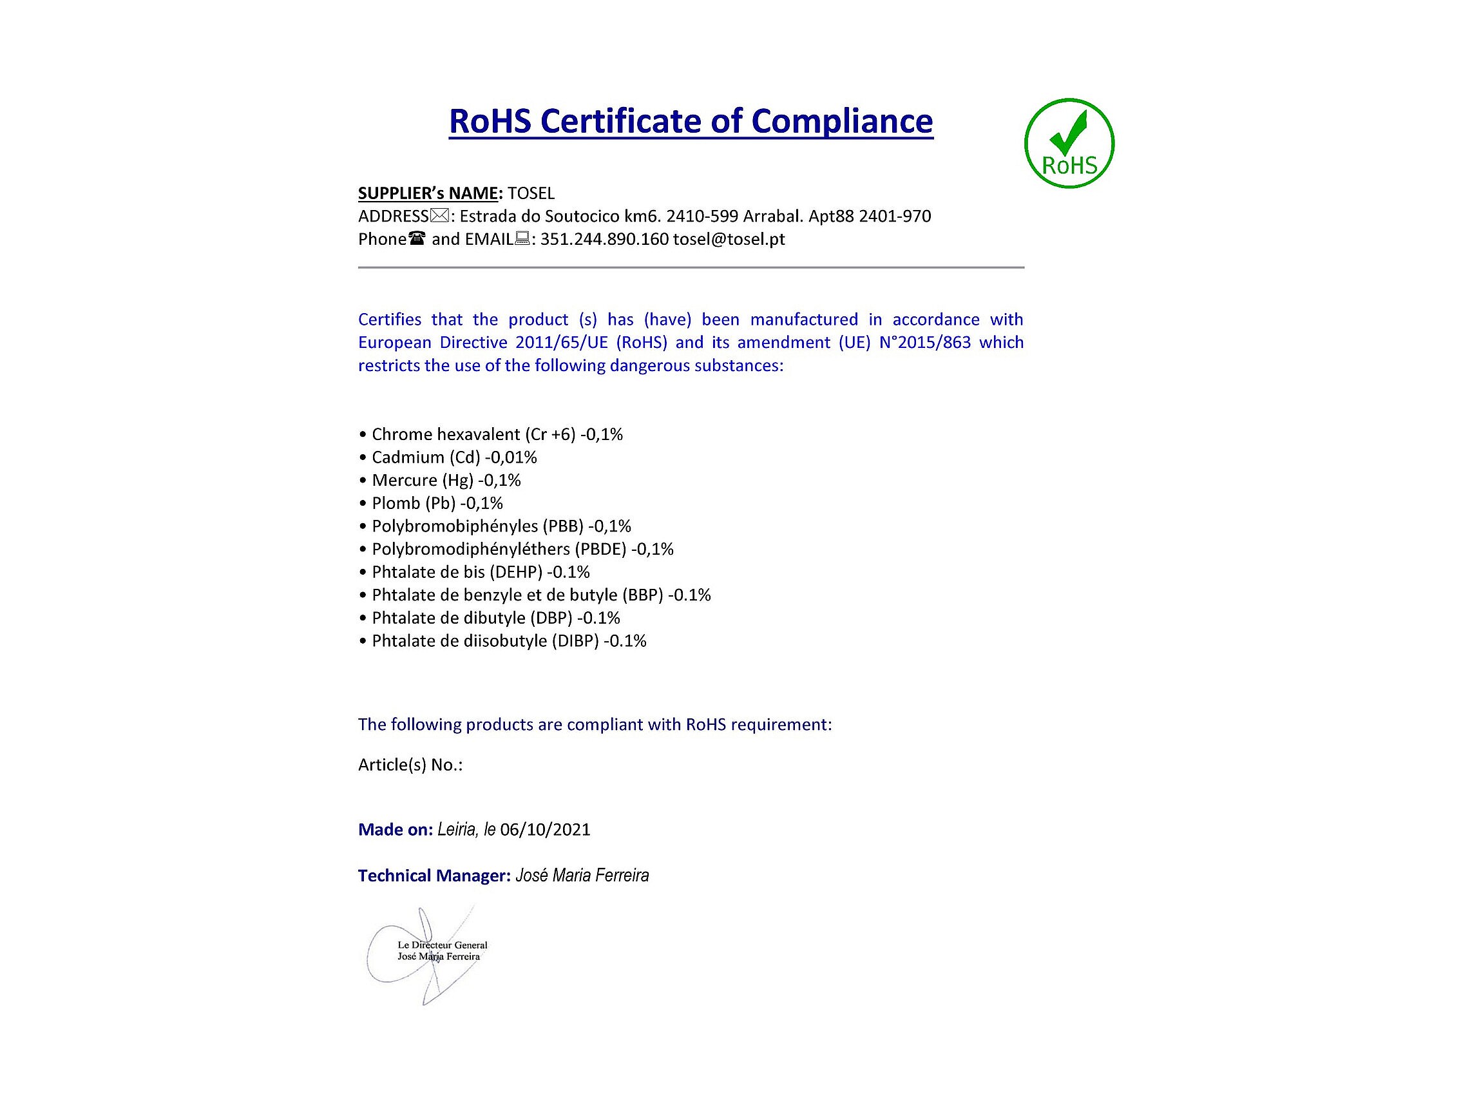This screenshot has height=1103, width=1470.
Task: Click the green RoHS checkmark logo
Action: (x=1069, y=143)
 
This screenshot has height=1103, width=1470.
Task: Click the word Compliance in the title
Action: (x=842, y=121)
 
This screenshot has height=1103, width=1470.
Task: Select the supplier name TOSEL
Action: (x=530, y=193)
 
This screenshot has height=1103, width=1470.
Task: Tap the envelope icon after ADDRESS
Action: (x=439, y=216)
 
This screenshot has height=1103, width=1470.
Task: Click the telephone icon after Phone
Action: (x=417, y=238)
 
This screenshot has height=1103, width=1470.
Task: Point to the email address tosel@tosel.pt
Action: (x=729, y=240)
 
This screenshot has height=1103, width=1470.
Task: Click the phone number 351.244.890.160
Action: (x=604, y=240)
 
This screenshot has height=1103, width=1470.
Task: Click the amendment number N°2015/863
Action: (x=924, y=342)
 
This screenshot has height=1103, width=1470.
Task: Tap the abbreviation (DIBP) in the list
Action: (x=575, y=641)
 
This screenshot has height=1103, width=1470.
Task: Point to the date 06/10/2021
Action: (x=545, y=830)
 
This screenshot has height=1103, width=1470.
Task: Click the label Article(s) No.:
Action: (x=410, y=765)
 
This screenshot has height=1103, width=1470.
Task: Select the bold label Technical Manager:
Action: (x=434, y=876)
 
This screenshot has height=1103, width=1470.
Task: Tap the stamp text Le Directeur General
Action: (x=442, y=945)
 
